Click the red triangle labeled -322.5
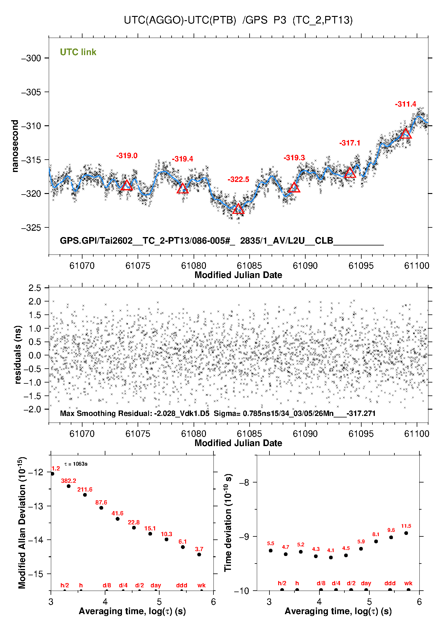(238, 209)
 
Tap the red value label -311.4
(405, 104)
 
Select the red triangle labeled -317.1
(350, 173)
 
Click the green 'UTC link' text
(78, 52)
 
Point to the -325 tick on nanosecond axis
(31, 228)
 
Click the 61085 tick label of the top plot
(249, 266)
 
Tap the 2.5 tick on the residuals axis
(35, 288)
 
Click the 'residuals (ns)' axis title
(18, 354)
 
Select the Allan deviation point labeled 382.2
(69, 486)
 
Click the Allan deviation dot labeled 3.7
(199, 554)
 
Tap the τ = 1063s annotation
(76, 464)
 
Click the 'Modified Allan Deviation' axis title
(22, 523)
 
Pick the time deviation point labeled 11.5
(406, 533)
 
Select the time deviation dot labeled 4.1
(331, 557)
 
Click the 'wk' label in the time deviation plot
(408, 583)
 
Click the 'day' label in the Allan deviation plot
(156, 585)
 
